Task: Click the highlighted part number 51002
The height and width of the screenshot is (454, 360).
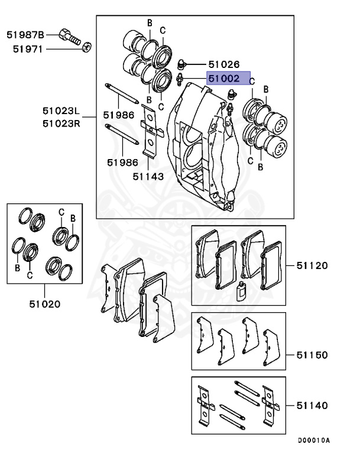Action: pyautogui.click(x=223, y=77)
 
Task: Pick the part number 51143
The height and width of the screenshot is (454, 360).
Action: pyautogui.click(x=148, y=176)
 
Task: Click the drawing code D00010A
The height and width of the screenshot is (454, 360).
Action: pyautogui.click(x=313, y=440)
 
